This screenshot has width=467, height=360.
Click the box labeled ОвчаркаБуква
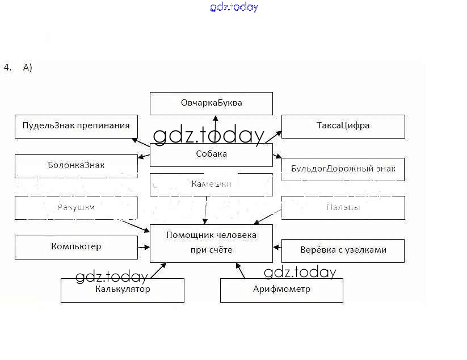tap(211, 103)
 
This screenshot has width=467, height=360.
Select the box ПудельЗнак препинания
tap(76, 126)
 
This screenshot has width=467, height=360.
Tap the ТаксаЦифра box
tap(343, 126)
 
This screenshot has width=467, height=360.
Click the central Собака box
tap(211, 154)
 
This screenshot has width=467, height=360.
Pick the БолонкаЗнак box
tap(76, 166)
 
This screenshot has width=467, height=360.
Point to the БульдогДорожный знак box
tap(343, 169)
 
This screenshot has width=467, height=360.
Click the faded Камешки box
tap(211, 184)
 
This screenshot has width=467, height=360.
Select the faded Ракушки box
tap(76, 207)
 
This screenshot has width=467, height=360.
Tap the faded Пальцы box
tap(343, 207)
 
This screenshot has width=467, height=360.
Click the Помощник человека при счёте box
tap(211, 242)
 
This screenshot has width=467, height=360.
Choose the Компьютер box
tap(76, 247)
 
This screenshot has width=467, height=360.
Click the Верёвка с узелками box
tap(343, 250)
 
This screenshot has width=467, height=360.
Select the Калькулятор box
tap(123, 290)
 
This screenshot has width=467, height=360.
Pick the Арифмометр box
tap(281, 290)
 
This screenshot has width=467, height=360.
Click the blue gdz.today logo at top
tap(234, 7)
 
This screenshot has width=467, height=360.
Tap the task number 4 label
tap(7, 68)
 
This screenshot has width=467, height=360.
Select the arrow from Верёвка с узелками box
tap(277, 247)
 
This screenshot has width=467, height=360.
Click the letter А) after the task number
tap(28, 68)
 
